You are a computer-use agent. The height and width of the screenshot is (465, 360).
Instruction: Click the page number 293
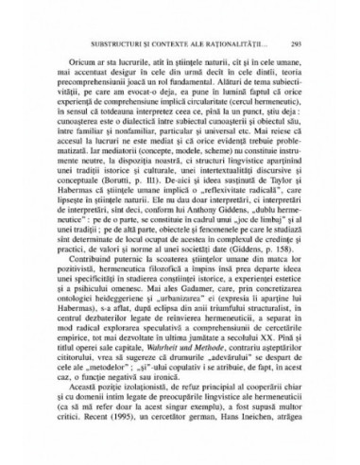click(296, 44)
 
